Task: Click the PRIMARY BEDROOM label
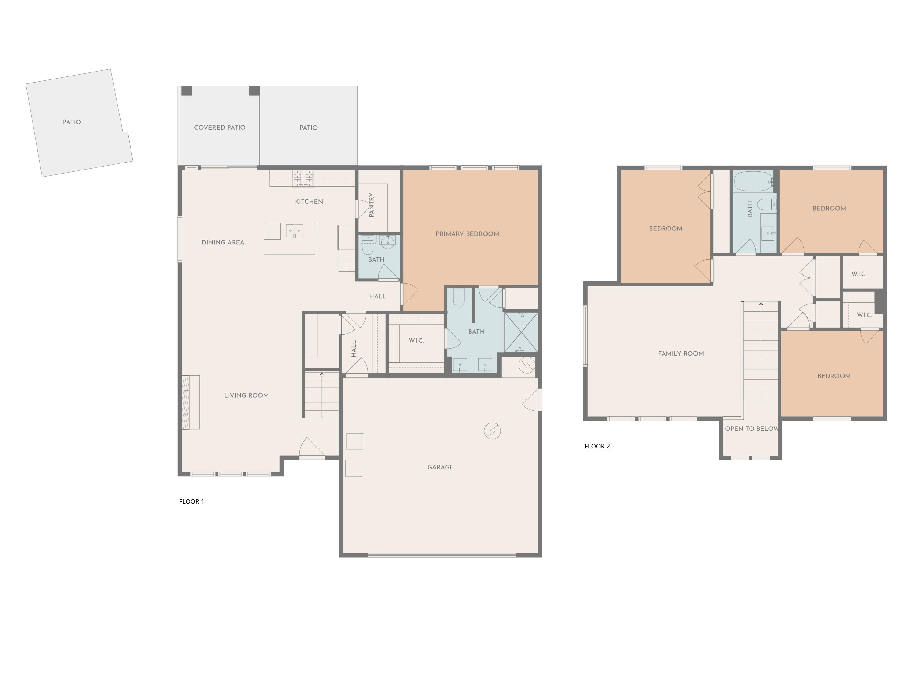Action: point(467,234)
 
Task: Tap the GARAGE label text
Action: point(440,467)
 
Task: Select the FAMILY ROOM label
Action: point(680,353)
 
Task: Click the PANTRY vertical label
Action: point(371,205)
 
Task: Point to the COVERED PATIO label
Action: point(220,128)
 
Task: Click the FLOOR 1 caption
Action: point(191,501)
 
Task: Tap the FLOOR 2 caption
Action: point(597,446)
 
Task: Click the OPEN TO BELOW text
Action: point(751,429)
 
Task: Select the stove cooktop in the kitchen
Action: point(303,179)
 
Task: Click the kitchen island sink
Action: point(294,230)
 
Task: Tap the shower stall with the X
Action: point(521,332)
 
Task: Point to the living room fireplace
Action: point(191,402)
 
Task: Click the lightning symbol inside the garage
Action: point(492,431)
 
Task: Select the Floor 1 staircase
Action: point(322,394)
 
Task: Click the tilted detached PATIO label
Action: point(72,122)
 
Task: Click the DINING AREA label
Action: point(222,242)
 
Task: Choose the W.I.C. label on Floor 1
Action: point(416,340)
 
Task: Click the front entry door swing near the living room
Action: point(312,448)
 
